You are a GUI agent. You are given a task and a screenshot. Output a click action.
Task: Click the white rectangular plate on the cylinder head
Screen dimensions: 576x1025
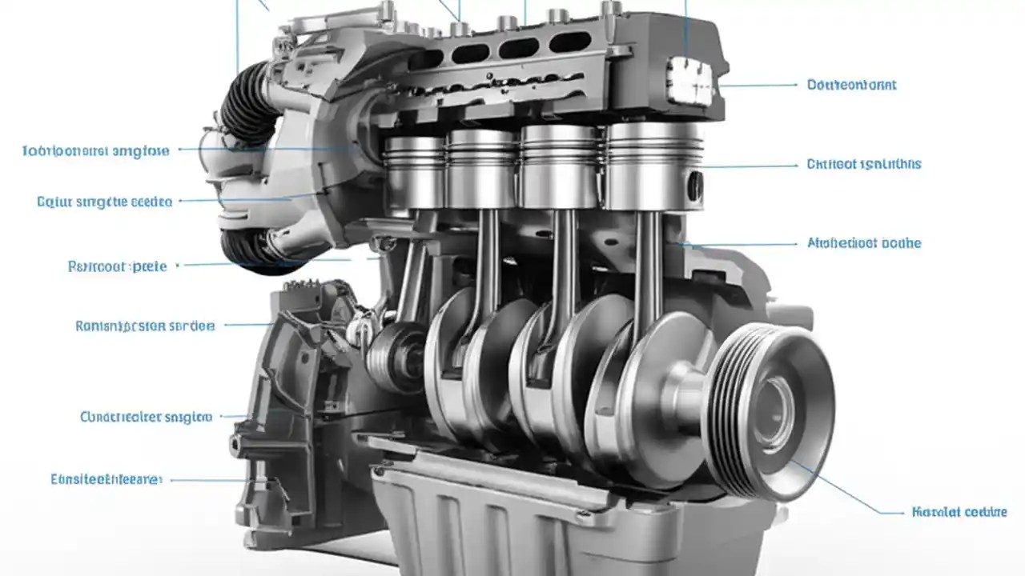[x=689, y=81]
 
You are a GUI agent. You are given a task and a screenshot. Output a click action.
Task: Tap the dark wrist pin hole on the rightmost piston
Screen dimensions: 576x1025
[x=695, y=186]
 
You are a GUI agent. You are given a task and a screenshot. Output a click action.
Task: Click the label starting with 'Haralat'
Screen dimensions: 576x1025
[x=959, y=512]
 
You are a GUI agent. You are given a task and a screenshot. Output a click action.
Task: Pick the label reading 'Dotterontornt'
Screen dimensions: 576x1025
[x=851, y=85]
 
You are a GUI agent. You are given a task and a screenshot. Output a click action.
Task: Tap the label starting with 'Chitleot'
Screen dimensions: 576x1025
[x=863, y=164]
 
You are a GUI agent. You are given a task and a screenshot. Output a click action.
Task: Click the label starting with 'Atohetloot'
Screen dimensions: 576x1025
[x=864, y=243]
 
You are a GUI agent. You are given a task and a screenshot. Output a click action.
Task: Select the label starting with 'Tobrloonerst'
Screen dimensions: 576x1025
[x=95, y=150]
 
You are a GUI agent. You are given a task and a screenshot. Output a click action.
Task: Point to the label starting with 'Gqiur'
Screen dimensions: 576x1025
[x=105, y=202]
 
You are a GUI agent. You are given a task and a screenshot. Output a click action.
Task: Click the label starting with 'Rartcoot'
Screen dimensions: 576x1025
[x=118, y=266]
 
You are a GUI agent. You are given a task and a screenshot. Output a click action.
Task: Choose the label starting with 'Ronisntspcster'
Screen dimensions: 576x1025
[x=145, y=326]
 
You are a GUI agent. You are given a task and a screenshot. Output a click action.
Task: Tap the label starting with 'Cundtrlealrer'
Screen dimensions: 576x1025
[x=147, y=417]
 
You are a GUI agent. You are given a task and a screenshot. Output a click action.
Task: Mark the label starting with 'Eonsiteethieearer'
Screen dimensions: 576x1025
[x=107, y=479]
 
